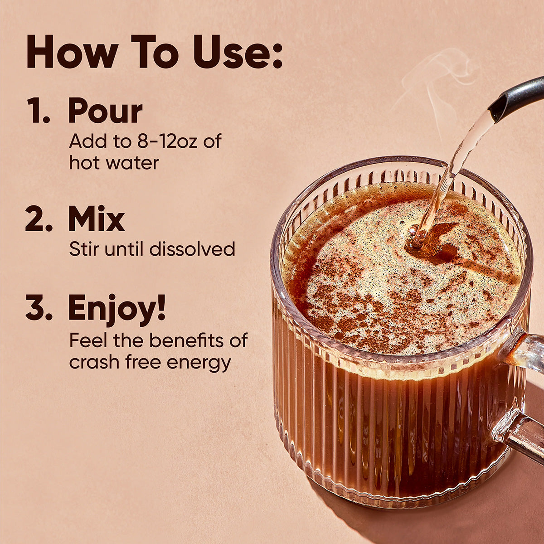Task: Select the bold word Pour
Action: pos(105,112)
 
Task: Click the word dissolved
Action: pos(192,249)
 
